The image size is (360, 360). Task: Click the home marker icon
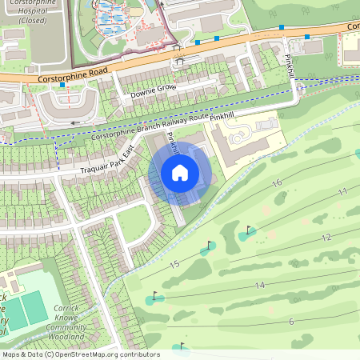(180, 173)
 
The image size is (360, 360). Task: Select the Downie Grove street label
(153, 91)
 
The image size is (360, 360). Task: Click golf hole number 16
(277, 183)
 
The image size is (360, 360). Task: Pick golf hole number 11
(342, 192)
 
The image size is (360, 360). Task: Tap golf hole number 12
(326, 238)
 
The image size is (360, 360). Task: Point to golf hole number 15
(174, 264)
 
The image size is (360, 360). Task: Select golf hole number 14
(260, 286)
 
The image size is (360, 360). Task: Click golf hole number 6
(291, 321)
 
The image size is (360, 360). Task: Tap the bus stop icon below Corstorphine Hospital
(62, 84)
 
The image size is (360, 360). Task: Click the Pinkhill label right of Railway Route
(222, 117)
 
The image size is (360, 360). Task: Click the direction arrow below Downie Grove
(76, 122)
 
